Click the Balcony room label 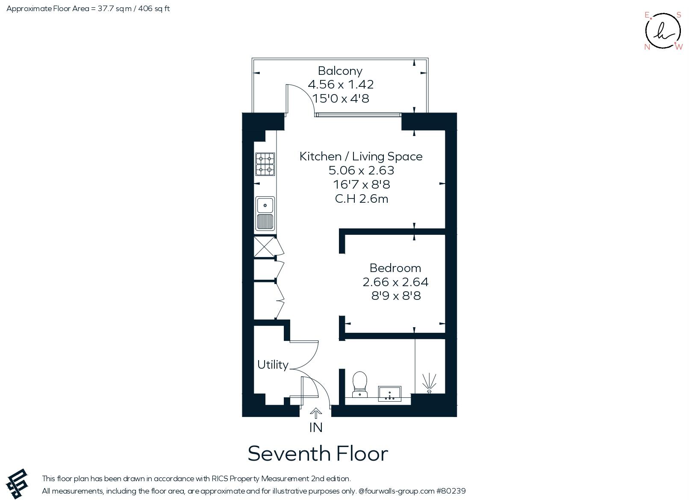coord(340,71)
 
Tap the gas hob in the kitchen coord(265,164)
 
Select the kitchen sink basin coord(265,205)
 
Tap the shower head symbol coord(429,383)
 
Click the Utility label coord(273,365)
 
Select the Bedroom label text coord(395,268)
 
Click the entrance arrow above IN coord(315,413)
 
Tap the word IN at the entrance coord(316,427)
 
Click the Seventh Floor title coord(318,453)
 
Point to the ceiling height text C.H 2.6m coord(362,198)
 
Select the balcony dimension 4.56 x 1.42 coord(341,84)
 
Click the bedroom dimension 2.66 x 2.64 coord(395,282)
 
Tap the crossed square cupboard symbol coord(264,246)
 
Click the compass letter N coord(647,47)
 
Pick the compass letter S coord(679,15)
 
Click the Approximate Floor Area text coord(88,9)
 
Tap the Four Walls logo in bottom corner coord(18,484)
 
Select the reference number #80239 coord(451,491)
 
